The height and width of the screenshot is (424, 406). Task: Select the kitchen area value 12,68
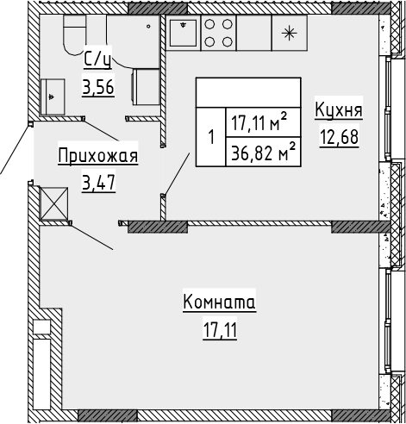[339, 136]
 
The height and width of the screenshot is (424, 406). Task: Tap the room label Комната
[220, 302]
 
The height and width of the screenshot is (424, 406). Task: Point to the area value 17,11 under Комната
[220, 328]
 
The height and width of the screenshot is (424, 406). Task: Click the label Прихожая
[97, 157]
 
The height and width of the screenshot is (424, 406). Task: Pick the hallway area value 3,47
[97, 182]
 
